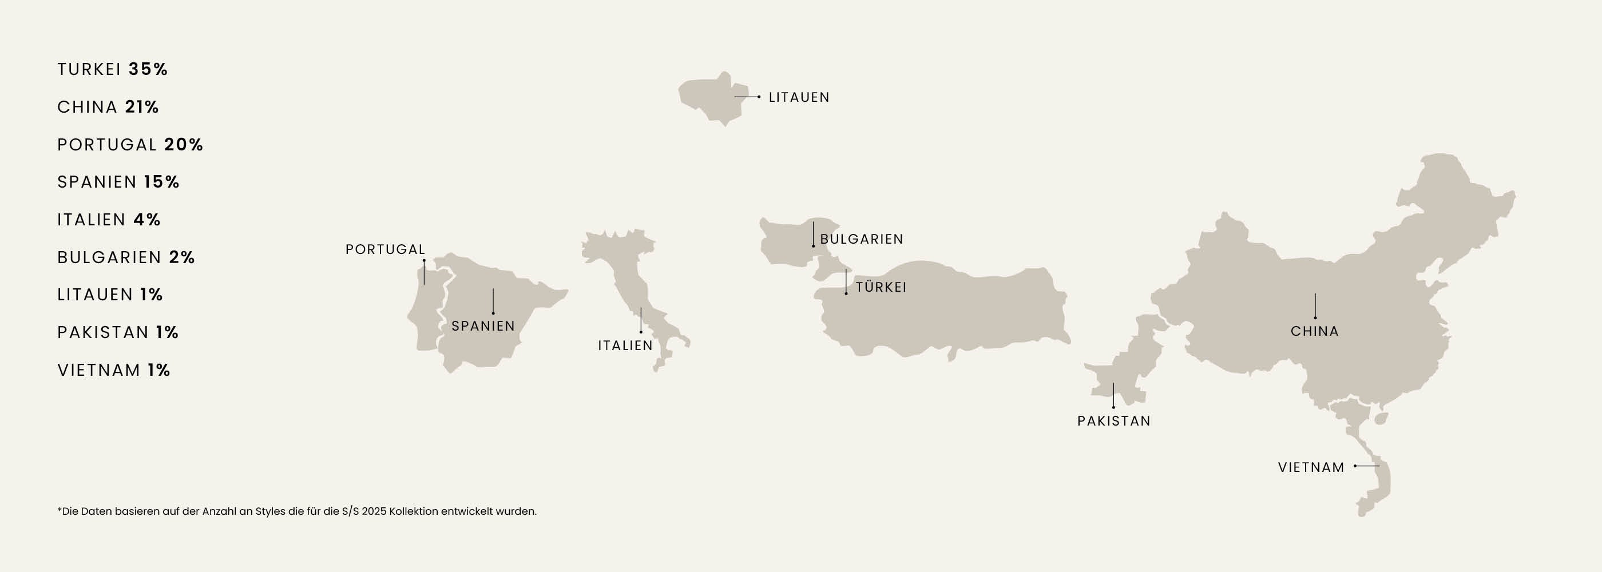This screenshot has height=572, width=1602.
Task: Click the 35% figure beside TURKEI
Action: click(x=148, y=69)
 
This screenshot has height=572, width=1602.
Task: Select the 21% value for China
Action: click(x=142, y=107)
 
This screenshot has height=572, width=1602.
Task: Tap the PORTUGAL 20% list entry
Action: click(x=130, y=144)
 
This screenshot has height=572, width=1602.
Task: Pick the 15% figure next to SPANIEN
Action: click(x=162, y=182)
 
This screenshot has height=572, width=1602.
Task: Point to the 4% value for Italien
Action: click(x=147, y=220)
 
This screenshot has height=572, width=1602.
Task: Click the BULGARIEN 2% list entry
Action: click(x=126, y=257)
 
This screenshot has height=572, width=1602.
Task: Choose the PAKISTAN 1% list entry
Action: click(x=117, y=332)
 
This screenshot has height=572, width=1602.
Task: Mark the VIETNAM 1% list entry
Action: click(x=113, y=370)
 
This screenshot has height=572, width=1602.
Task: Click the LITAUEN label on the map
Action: click(x=799, y=98)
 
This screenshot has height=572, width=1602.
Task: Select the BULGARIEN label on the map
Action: click(x=861, y=239)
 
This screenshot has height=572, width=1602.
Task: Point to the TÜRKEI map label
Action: click(x=881, y=287)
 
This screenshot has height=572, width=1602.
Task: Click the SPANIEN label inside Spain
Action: click(x=483, y=326)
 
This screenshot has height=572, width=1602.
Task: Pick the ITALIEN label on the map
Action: click(x=625, y=345)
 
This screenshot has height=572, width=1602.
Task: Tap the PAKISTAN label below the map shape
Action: click(x=1114, y=421)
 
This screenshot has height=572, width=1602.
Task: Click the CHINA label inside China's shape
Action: click(x=1315, y=331)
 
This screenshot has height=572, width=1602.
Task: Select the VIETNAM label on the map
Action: click(x=1311, y=467)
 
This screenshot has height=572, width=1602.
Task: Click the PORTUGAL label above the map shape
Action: click(x=386, y=249)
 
